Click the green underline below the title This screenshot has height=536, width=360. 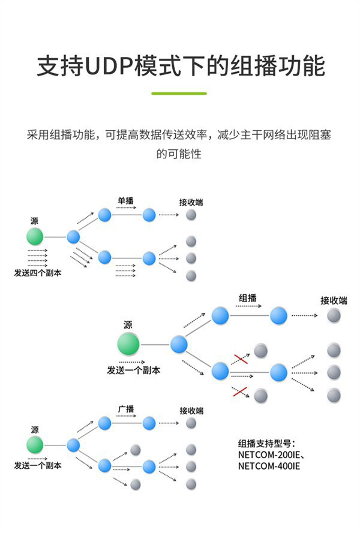point(179,94)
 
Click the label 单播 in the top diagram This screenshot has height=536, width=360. point(125,201)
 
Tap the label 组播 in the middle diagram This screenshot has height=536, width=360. point(248,298)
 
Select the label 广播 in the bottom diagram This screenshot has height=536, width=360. point(126,409)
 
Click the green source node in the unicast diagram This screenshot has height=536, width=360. point(35,237)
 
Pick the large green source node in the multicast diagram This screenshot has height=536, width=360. point(128,344)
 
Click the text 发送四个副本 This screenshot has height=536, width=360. point(37,273)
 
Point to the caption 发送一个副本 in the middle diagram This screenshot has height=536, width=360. point(134,371)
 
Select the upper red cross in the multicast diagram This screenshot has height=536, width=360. point(240,359)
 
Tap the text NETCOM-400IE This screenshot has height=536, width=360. point(268,466)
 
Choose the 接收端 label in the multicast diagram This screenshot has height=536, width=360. point(334,300)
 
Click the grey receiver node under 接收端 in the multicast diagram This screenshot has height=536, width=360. point(334,315)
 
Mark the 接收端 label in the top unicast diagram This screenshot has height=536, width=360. point(191,202)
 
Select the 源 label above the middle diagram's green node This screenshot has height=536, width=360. point(128,325)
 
